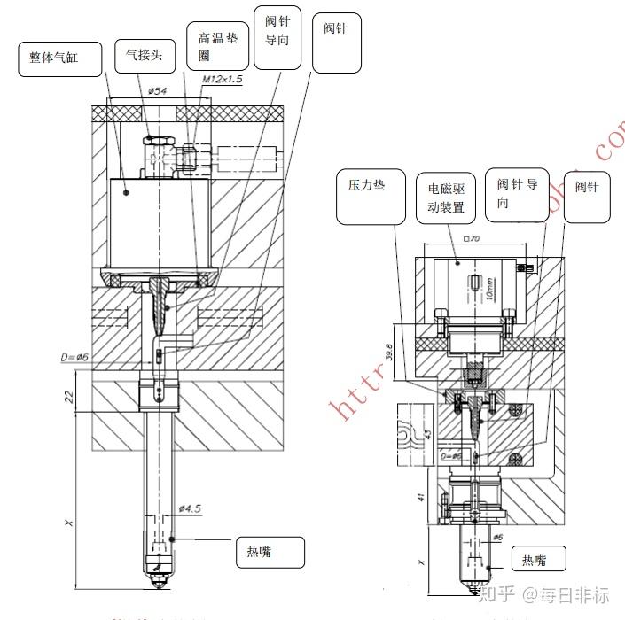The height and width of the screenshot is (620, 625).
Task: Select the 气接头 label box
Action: click(145, 56)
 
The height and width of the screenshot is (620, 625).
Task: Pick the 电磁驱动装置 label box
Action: click(448, 198)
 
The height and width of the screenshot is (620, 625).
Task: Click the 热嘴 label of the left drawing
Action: click(270, 551)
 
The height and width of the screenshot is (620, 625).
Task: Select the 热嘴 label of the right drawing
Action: click(538, 559)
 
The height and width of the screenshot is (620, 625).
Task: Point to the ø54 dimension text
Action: click(158, 90)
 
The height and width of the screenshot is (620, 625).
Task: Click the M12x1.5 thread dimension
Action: click(222, 80)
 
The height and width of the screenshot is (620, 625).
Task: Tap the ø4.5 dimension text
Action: click(191, 508)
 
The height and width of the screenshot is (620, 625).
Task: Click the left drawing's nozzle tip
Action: click(158, 580)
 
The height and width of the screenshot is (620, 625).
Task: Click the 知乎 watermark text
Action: click(496, 594)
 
